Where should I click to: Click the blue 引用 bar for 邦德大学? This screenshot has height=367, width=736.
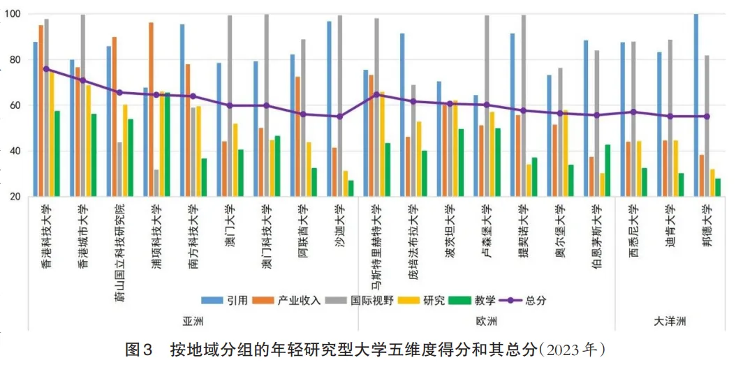click(696, 105)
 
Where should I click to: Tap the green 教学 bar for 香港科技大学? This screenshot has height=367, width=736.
click(57, 153)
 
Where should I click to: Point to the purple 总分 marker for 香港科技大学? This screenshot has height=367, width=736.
click(46, 69)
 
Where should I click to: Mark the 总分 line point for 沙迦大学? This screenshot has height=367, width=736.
click(339, 117)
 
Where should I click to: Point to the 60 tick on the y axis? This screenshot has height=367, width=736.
click(15, 105)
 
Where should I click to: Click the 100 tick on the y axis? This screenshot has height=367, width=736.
click(12, 14)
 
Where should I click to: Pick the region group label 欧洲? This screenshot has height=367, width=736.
click(487, 321)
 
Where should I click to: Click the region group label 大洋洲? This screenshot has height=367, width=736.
click(670, 321)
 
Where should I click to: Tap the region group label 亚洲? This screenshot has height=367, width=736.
click(193, 321)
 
